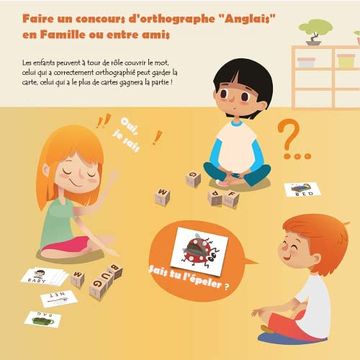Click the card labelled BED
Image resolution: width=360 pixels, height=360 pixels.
click(x=302, y=190)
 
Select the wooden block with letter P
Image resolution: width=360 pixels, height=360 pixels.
click(x=215, y=196)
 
